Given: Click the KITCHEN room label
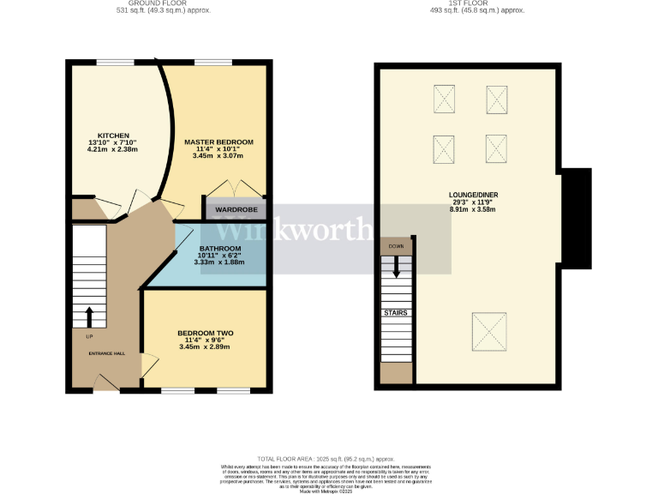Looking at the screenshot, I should [x=113, y=136].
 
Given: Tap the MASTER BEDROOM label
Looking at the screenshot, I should [x=218, y=142].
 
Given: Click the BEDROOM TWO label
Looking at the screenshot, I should [x=206, y=333].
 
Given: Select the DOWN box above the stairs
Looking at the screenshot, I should [x=397, y=246].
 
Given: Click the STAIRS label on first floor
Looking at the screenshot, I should [x=396, y=313].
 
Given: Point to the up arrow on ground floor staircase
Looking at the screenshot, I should [x=88, y=316].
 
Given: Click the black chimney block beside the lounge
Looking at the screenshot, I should [x=576, y=219].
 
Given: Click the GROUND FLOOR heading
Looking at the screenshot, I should [x=164, y=3].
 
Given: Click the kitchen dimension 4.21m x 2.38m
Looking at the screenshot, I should [x=113, y=149].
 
